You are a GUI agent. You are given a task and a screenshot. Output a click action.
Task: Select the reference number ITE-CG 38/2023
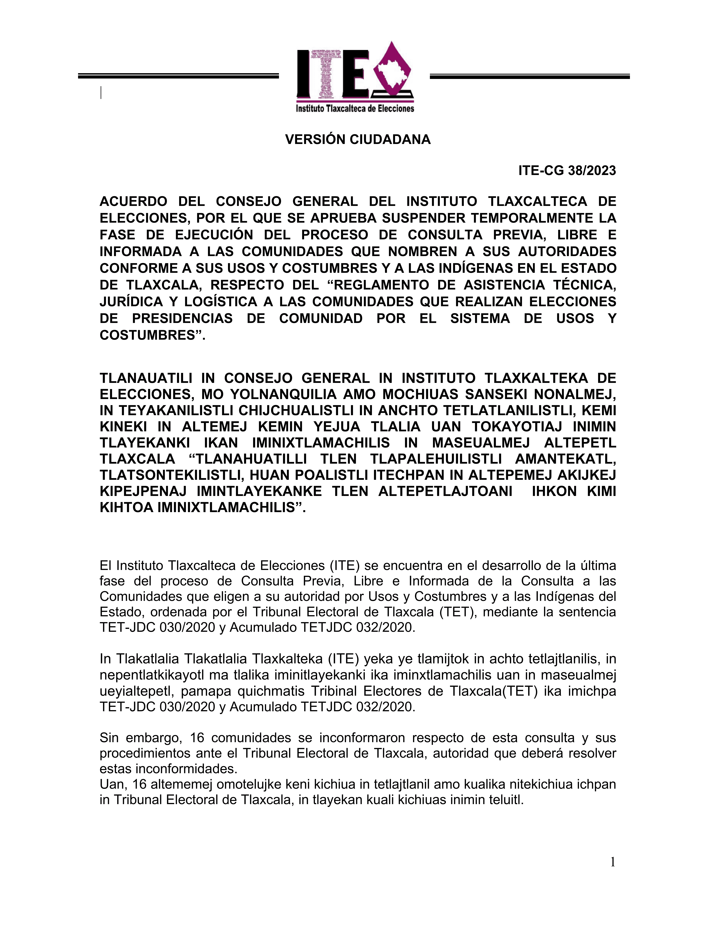coord(567,171)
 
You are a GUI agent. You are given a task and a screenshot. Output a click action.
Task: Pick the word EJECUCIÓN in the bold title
coord(214,235)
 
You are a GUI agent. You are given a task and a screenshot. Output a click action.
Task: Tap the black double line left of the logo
coord(178,76)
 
